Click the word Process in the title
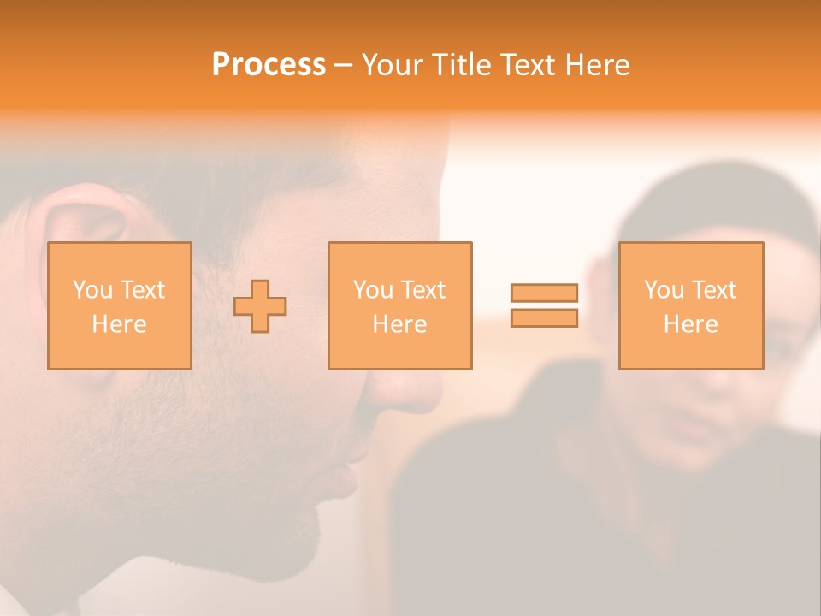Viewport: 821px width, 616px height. [269, 65]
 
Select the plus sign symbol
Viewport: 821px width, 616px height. [260, 306]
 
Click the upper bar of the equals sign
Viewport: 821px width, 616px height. [544, 293]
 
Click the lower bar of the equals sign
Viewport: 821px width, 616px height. [544, 318]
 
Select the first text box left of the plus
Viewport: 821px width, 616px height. [120, 305]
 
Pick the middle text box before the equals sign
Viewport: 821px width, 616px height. [399, 305]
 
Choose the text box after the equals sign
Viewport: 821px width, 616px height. [690, 305]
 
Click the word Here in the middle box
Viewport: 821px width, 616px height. [399, 324]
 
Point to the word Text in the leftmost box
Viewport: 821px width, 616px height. [144, 290]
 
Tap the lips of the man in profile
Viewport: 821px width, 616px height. [346, 476]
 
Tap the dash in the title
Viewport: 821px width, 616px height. [344, 65]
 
